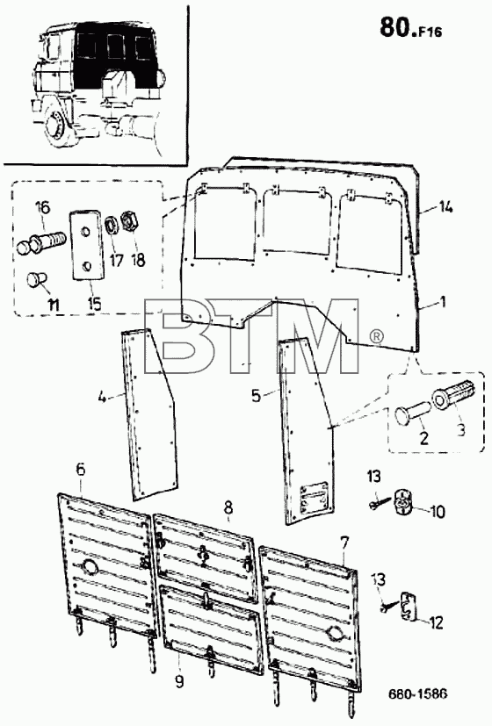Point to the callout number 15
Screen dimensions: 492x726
94,304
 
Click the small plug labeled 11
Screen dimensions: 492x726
36,280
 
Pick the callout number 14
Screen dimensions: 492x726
445,208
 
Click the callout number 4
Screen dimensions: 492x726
103,397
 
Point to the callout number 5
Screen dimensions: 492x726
257,396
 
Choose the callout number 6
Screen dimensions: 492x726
81,469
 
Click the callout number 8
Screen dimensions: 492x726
228,508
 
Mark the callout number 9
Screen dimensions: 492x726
179,681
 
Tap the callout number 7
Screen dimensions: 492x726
344,542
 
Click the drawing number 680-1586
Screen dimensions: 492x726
417,694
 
